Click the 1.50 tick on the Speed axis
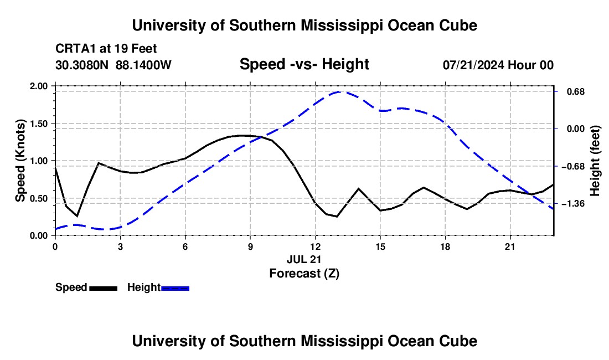[x=39, y=124]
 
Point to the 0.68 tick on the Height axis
[x=576, y=91]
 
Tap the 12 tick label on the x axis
[x=316, y=246]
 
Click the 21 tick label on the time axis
[x=509, y=246]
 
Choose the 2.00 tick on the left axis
[x=39, y=86]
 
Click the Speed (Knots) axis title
[x=20, y=161]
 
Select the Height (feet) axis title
[x=595, y=161]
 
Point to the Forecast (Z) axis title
[x=304, y=274]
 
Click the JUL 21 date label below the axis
[x=304, y=259]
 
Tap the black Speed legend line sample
[x=104, y=288]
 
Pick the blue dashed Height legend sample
[x=175, y=288]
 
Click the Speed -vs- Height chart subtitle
[x=304, y=64]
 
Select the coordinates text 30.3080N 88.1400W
[x=113, y=65]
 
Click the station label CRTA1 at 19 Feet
[x=106, y=49]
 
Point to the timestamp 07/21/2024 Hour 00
[x=498, y=65]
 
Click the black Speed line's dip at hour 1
[x=78, y=216]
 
